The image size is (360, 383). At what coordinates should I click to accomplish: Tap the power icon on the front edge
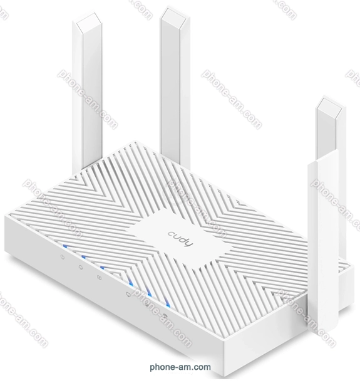point(63,257)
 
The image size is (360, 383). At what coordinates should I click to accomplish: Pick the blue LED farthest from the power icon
point(167,303)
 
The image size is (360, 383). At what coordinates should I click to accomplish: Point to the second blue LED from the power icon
point(84,256)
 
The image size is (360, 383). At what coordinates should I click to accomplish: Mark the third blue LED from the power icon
point(103,267)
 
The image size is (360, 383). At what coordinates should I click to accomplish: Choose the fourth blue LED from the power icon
point(130,282)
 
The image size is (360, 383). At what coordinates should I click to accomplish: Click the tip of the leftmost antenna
point(87,16)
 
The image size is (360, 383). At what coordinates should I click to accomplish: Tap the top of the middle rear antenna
point(175,11)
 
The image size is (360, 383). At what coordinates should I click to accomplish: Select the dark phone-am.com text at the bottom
point(180,367)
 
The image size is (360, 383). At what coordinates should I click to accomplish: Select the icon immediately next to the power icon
point(81,267)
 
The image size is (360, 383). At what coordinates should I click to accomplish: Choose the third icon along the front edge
point(99,278)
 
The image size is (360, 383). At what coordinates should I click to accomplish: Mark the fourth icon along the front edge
point(128,295)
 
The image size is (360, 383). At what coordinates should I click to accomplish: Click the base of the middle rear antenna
point(171,153)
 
